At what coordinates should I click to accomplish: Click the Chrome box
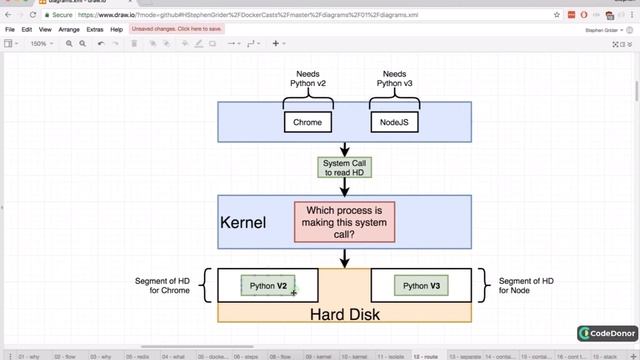(x=307, y=122)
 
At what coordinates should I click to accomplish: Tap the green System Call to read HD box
(x=344, y=167)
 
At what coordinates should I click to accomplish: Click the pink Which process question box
(x=344, y=221)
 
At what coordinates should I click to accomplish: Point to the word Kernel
(x=243, y=222)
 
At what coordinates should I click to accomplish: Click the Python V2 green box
(x=268, y=286)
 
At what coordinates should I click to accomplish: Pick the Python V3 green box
(x=421, y=286)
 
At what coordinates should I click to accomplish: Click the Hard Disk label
(x=344, y=314)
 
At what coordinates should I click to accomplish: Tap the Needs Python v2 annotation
(x=307, y=79)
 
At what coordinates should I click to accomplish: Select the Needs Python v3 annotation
(x=393, y=79)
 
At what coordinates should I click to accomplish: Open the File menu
(x=10, y=30)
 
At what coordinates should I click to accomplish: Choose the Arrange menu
(x=69, y=30)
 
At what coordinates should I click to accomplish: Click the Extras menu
(x=95, y=30)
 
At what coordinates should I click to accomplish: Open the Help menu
(x=117, y=30)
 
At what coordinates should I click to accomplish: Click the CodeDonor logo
(x=602, y=333)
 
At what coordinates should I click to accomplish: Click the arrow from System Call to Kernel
(x=344, y=187)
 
